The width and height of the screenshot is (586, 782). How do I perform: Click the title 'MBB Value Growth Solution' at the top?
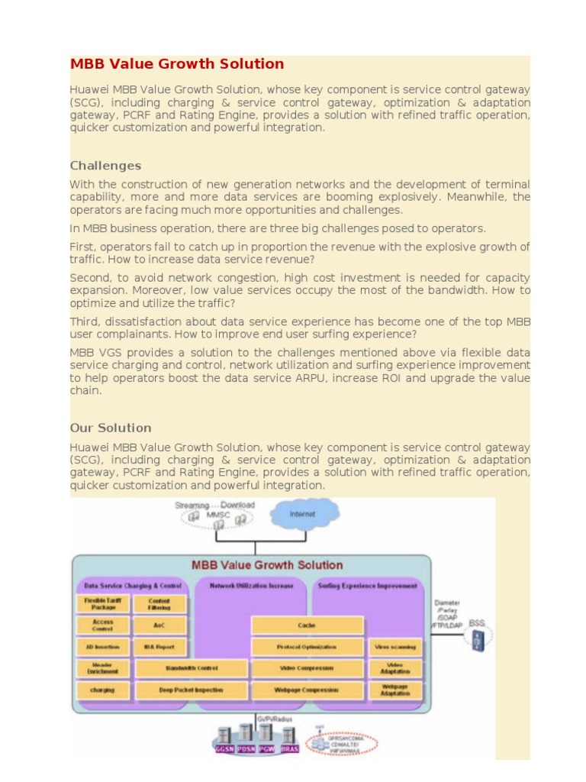[x=177, y=64]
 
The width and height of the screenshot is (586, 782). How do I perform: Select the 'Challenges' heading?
[x=105, y=166]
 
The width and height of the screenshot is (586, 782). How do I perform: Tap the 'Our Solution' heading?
[x=111, y=428]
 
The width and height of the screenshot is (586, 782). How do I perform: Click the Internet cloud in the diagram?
[x=302, y=514]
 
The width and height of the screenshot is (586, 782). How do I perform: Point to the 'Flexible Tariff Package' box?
[x=103, y=604]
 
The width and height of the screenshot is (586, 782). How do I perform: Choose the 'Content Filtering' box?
[x=159, y=604]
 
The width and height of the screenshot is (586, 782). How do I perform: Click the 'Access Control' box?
[x=103, y=625]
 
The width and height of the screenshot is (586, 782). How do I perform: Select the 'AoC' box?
[x=159, y=625]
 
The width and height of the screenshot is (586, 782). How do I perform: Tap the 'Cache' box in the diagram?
[x=307, y=625]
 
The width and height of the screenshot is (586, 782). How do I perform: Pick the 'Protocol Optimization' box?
[x=307, y=647]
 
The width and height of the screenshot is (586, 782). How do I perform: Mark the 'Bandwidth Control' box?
[x=192, y=668]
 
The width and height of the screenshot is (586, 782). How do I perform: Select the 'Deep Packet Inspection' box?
[x=192, y=690]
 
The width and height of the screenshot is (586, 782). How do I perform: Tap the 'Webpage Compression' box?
[x=307, y=690]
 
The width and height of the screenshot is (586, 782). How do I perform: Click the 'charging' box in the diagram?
[x=103, y=690]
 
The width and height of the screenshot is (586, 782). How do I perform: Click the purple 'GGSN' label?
[x=224, y=749]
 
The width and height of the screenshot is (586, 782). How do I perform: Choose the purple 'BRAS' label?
[x=288, y=749]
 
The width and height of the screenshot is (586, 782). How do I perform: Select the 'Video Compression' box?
[x=307, y=668]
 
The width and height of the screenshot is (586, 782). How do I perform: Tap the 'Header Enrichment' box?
[x=103, y=668]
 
